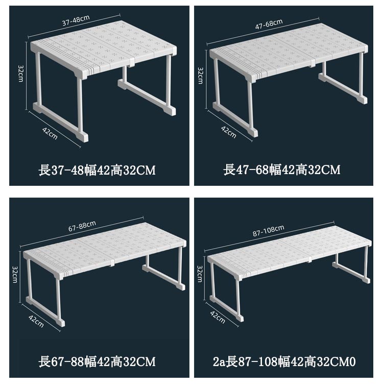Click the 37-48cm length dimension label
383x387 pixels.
click(76, 20)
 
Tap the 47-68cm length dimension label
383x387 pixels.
click(269, 24)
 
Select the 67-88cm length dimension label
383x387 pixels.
click(82, 226)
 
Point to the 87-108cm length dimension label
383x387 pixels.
click(268, 231)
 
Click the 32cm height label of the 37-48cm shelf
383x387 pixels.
click(21, 74)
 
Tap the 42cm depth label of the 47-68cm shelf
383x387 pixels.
click(228, 132)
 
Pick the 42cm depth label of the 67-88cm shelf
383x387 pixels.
click(36, 321)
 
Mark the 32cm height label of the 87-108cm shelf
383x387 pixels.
click(200, 274)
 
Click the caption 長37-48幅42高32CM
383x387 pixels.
click(97, 171)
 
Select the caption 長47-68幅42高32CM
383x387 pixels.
click(282, 170)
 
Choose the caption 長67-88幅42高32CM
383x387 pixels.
click(97, 361)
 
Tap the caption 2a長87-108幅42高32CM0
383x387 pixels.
click(284, 362)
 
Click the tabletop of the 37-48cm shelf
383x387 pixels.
click(104, 47)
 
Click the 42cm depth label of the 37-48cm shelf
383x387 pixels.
click(50, 133)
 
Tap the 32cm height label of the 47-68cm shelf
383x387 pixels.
click(200, 76)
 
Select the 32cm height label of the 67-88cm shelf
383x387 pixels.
click(15, 274)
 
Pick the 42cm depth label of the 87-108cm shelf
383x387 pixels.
click(218, 317)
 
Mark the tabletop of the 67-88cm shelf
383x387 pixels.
click(105, 249)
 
